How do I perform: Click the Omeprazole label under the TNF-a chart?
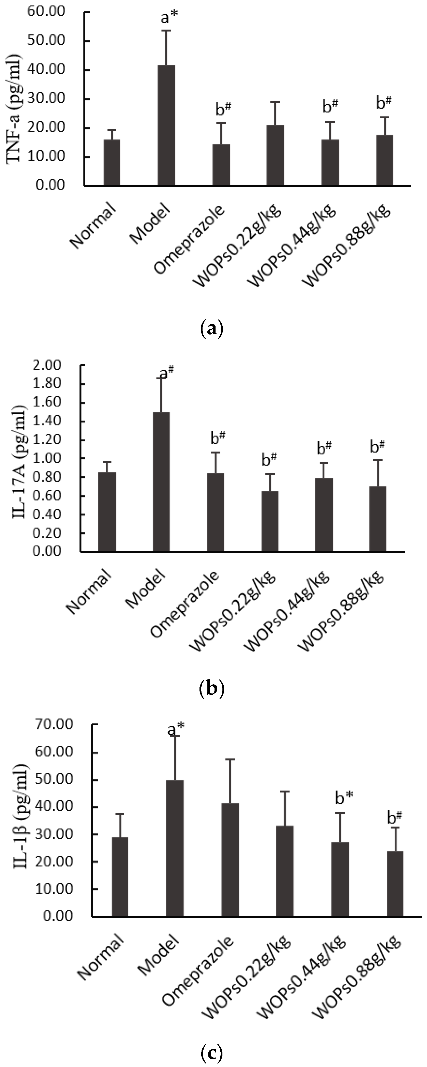click(190, 238)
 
